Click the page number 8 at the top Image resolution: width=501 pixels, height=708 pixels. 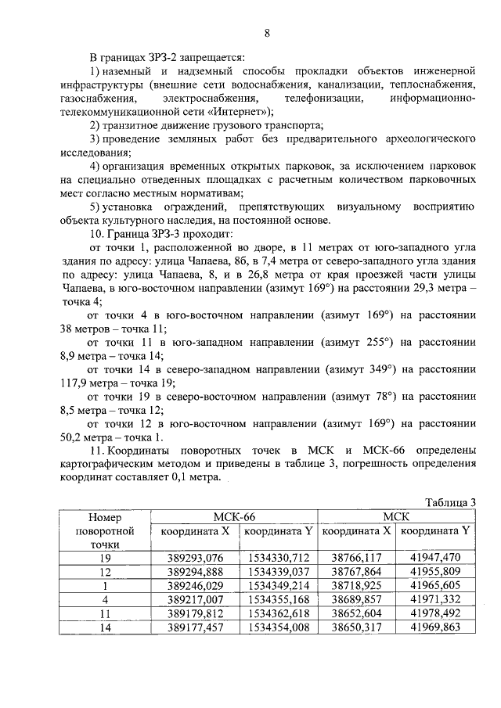click(267, 32)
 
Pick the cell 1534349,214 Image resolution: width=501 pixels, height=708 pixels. click(279, 585)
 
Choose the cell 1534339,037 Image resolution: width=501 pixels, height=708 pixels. click(279, 571)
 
